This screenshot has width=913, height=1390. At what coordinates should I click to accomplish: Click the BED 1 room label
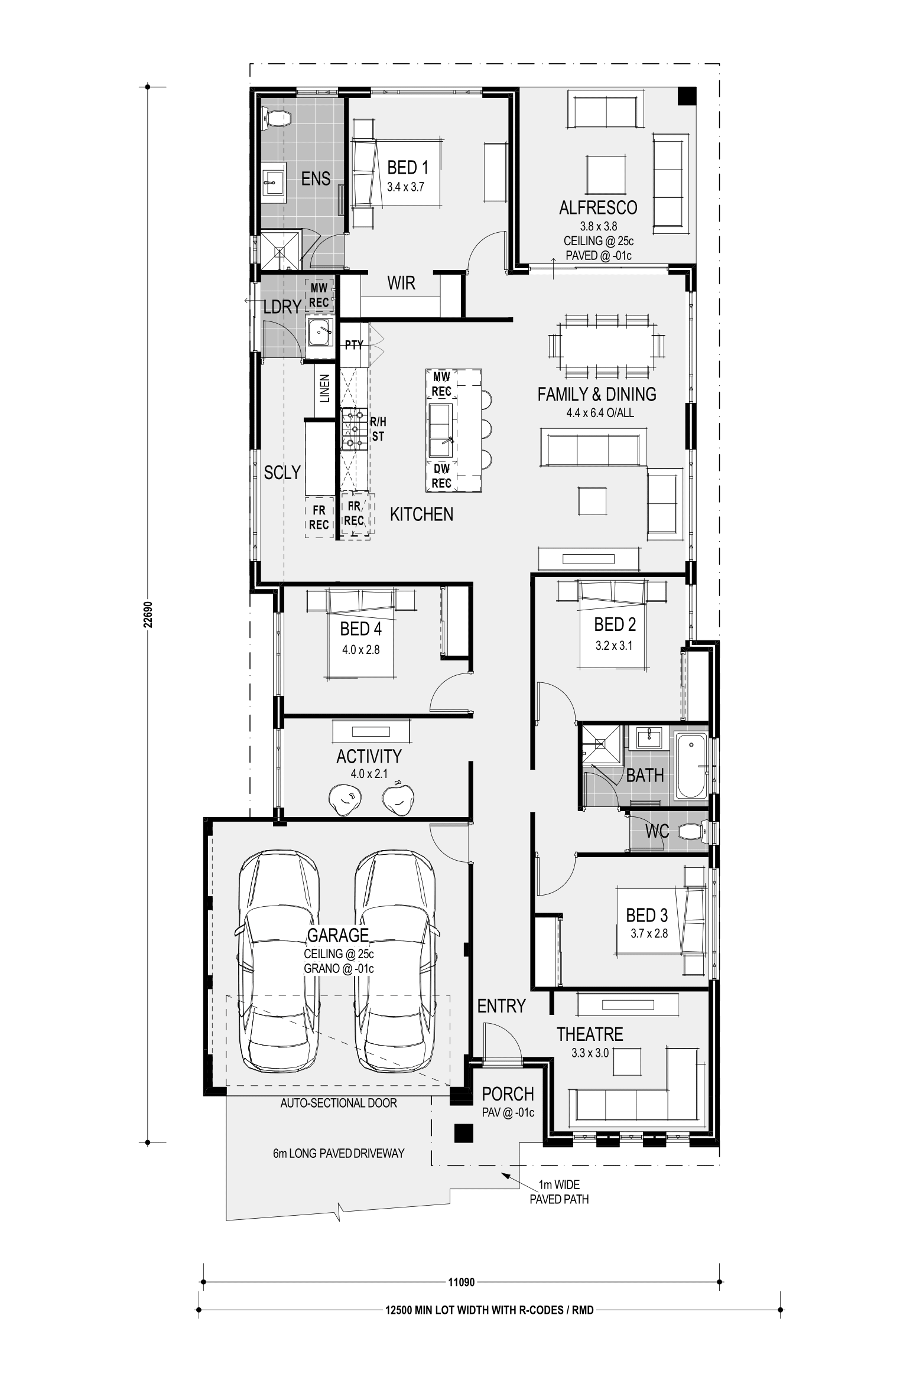[x=407, y=167]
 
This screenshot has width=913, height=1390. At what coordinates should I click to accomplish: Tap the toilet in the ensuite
[x=276, y=118]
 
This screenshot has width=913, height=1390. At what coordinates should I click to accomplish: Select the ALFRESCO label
[x=598, y=207]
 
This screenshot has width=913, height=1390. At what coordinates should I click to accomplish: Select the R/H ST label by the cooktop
[x=378, y=429]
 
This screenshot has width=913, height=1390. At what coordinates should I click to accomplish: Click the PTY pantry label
[x=354, y=345]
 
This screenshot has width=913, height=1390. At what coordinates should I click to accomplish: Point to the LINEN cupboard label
[x=324, y=388]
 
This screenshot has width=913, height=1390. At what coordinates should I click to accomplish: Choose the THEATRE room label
[x=590, y=1034]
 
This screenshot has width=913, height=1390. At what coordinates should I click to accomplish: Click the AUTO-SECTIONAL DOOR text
[x=339, y=1102]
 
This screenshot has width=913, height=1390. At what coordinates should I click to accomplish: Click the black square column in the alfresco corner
[x=686, y=96]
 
